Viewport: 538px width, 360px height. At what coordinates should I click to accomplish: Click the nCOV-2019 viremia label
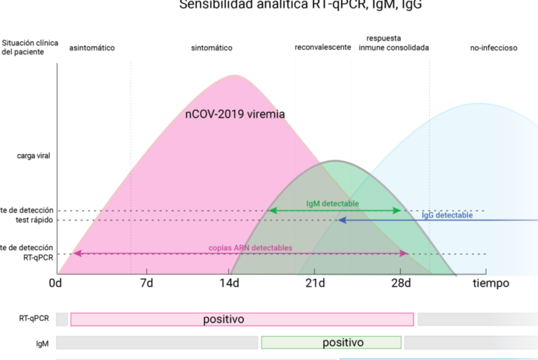pos(235,115)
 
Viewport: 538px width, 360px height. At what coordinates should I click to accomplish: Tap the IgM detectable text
pos(333,204)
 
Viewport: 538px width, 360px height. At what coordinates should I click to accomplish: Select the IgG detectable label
pos(448,216)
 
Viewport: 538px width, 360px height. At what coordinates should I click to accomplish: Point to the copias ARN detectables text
pos(250,248)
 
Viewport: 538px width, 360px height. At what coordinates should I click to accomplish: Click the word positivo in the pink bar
pos(223,319)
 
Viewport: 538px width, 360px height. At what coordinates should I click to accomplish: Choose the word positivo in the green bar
pos(343,342)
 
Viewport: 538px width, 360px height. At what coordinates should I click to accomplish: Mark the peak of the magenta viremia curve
pos(234,74)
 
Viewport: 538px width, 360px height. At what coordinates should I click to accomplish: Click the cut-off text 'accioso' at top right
pos(504,48)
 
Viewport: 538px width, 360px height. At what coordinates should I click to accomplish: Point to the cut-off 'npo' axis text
pos(499,284)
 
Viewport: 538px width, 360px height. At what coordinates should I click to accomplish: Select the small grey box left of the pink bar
pos(62,319)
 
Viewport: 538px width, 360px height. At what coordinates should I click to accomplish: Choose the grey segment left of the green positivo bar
pos(158,342)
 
